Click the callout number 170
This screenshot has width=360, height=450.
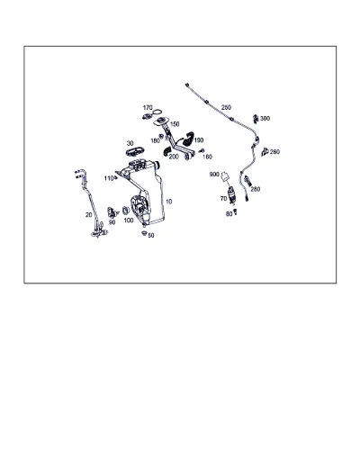pyautogui.click(x=148, y=108)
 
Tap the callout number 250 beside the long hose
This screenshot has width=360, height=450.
pyautogui.click(x=226, y=107)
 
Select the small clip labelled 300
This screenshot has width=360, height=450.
pyautogui.click(x=256, y=118)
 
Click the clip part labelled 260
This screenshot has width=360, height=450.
pyautogui.click(x=265, y=152)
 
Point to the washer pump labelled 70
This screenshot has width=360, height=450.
pyautogui.click(x=231, y=194)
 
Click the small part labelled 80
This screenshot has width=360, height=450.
pyautogui.click(x=236, y=211)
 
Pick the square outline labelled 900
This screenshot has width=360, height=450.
pyautogui.click(x=225, y=176)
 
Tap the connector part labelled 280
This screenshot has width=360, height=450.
pyautogui.click(x=247, y=181)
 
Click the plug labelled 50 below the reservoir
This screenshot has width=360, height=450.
pyautogui.click(x=144, y=233)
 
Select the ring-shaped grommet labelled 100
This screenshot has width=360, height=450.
pyautogui.click(x=126, y=211)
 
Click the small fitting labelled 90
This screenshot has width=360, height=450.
pyautogui.click(x=112, y=212)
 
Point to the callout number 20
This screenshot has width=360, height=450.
pyautogui.click(x=88, y=215)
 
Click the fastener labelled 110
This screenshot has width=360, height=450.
pyautogui.click(x=115, y=178)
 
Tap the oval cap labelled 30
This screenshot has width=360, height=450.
pyautogui.click(x=135, y=152)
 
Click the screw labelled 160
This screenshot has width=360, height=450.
pyautogui.click(x=202, y=150)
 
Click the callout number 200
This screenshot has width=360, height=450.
pyautogui.click(x=174, y=157)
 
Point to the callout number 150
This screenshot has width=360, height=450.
pyautogui.click(x=175, y=124)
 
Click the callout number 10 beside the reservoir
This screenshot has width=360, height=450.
pyautogui.click(x=169, y=202)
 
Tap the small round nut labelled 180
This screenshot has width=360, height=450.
pyautogui.click(x=161, y=137)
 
